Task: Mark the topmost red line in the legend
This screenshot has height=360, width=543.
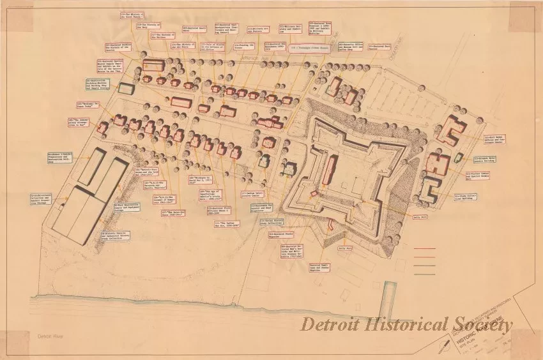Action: click(424, 249)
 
